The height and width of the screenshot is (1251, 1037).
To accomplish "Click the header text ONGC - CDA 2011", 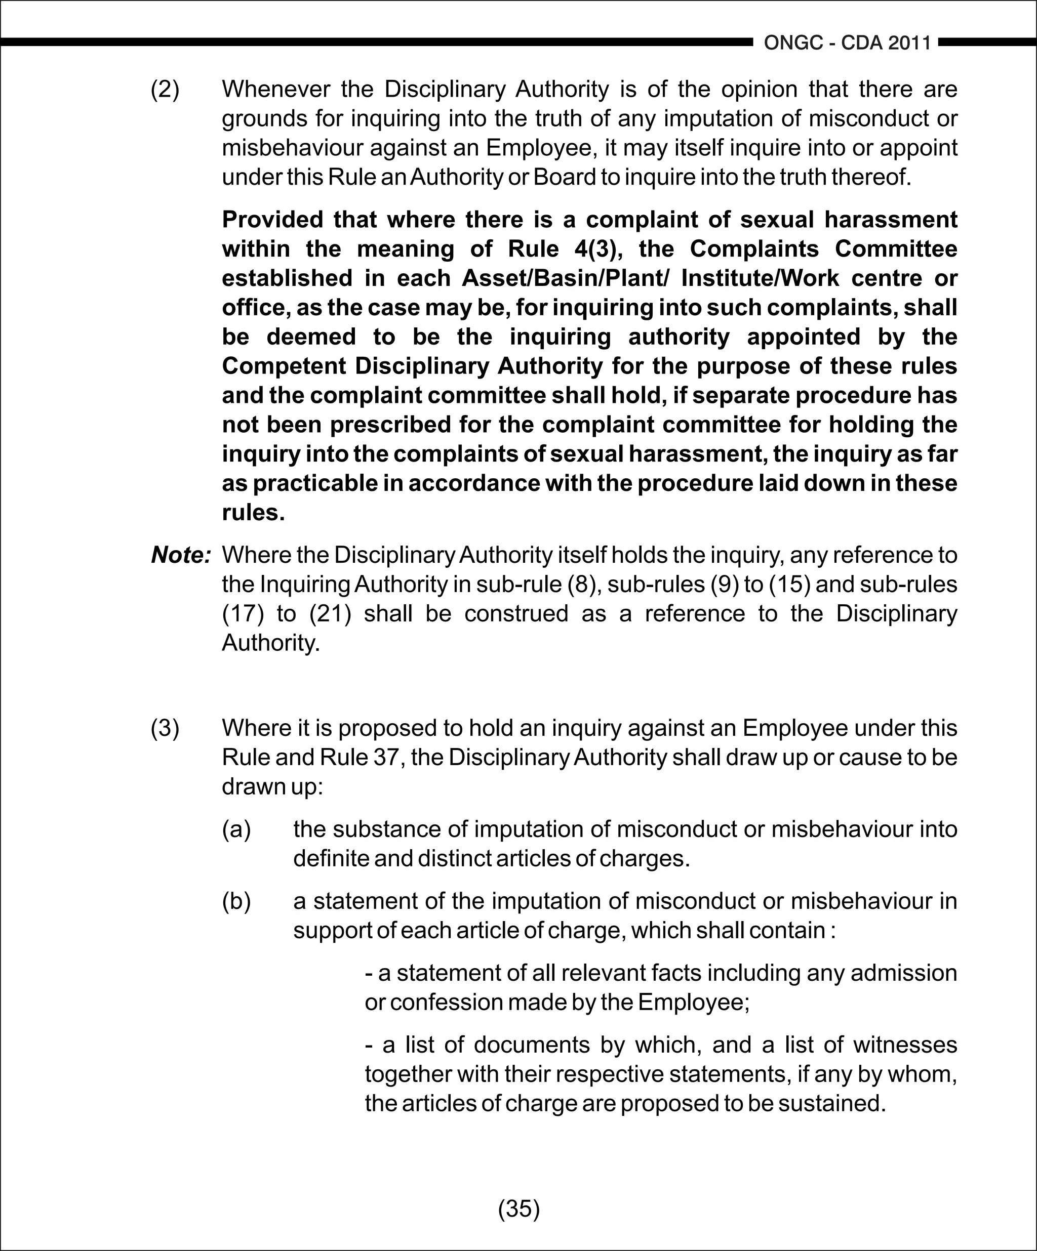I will [847, 43].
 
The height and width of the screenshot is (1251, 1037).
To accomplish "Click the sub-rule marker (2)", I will [165, 90].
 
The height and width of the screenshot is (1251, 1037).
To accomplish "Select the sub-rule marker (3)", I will [165, 728].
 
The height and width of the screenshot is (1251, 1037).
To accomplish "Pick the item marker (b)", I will [236, 901].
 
